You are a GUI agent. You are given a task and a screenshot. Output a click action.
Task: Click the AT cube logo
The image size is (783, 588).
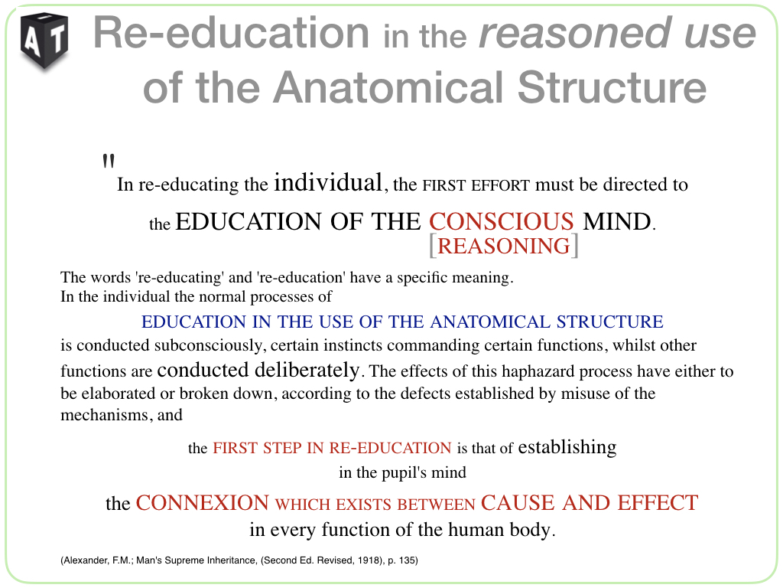44,41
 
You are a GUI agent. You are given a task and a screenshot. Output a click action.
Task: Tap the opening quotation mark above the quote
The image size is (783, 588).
109,161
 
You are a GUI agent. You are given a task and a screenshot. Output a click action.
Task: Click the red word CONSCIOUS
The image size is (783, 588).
502,221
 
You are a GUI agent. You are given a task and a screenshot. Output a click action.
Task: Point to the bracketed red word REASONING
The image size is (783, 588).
503,246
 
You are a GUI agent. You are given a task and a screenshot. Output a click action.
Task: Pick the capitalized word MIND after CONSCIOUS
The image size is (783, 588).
617,221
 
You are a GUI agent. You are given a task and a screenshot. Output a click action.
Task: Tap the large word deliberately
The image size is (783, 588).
307,370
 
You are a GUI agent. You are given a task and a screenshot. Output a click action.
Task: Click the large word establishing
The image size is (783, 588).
567,446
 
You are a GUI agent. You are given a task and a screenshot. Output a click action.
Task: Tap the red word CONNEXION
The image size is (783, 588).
202,502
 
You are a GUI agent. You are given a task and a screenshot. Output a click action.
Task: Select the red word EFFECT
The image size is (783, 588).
658,502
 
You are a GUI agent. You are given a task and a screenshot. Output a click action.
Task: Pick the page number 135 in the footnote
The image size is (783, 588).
408,560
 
